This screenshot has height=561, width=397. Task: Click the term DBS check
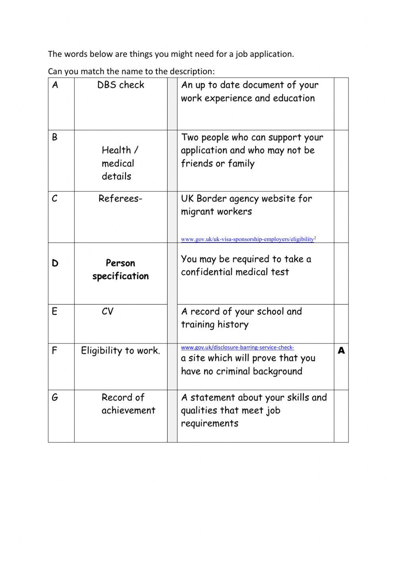121,85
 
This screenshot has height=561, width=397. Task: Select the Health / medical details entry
119,163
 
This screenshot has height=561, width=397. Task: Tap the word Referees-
120,199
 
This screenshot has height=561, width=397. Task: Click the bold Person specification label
120,270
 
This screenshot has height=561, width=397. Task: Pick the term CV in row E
108,312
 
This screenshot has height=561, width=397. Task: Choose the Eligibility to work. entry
121,351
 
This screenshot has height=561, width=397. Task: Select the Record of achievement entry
128,404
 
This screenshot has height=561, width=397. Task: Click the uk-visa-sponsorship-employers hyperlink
248,239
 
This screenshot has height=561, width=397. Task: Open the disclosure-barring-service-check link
237,347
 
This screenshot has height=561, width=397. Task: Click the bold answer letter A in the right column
341,351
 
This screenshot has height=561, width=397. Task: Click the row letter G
55,397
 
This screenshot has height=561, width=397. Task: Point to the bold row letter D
55,263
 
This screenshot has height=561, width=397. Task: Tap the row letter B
55,137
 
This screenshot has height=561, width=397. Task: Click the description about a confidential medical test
246,266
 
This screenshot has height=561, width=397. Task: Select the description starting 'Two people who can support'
252,150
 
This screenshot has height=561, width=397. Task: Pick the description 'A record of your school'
241,318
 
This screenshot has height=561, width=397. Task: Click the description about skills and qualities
254,411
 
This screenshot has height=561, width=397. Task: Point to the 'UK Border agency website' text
246,205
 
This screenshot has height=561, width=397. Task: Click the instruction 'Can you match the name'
131,71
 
